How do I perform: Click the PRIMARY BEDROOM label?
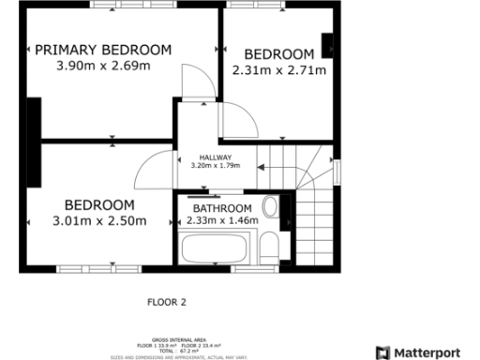[103, 50]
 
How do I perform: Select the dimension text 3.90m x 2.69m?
[103, 66]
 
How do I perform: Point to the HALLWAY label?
[215, 157]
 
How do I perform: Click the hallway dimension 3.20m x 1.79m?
[215, 166]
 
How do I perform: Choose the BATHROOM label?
[222, 208]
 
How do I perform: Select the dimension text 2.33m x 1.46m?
[222, 221]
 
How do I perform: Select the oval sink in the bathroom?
[270, 206]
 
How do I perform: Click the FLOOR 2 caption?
[168, 302]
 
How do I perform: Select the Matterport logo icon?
[382, 352]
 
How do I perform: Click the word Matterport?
[427, 352]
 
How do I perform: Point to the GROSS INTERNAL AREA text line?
[168, 340]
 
